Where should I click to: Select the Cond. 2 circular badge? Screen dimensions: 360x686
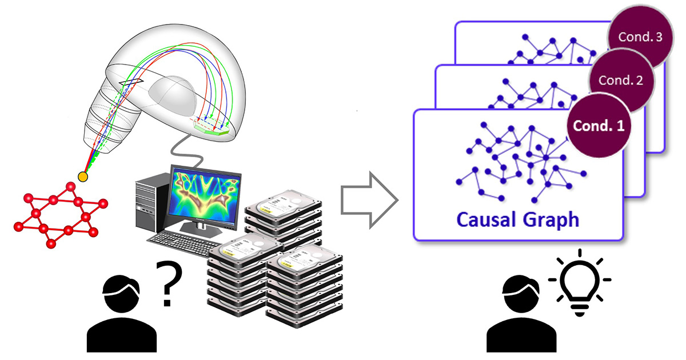pos(620,81)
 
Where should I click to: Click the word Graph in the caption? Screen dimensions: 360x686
pos(550,220)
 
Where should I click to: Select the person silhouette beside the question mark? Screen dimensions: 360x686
pos(121,314)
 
